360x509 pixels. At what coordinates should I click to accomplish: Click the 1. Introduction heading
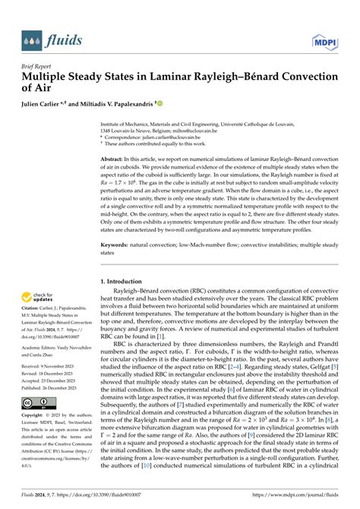tap(125, 282)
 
